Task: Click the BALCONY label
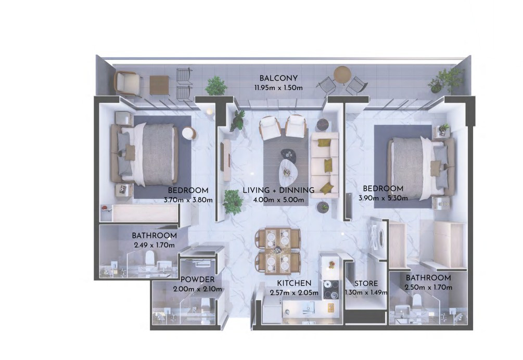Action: click(x=278, y=79)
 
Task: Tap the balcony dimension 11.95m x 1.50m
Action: click(x=278, y=88)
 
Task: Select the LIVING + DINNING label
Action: click(x=278, y=190)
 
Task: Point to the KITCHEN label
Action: click(x=294, y=283)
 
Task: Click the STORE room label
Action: click(x=366, y=284)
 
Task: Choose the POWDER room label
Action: click(x=197, y=280)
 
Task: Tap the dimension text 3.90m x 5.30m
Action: click(x=383, y=198)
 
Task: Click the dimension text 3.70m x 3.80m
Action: click(x=188, y=200)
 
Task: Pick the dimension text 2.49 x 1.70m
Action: click(x=155, y=245)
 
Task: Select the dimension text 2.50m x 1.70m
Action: click(x=428, y=287)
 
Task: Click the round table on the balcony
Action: click(x=342, y=74)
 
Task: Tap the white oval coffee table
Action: click(x=287, y=172)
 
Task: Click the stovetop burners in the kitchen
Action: click(x=330, y=289)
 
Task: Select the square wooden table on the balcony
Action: click(x=159, y=85)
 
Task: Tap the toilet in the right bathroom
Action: click(x=417, y=302)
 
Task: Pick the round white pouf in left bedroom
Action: click(x=189, y=134)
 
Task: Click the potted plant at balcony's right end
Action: click(x=445, y=81)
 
